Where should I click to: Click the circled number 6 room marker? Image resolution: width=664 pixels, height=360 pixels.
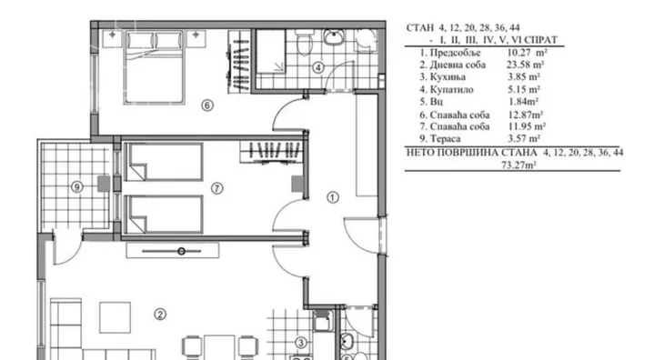pyautogui.click(x=207, y=105)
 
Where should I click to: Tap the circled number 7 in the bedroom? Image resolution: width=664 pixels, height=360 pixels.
pyautogui.click(x=216, y=188)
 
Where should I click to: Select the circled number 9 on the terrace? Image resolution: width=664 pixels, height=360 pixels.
pyautogui.click(x=76, y=186)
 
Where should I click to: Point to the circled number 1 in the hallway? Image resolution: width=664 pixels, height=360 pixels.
pyautogui.click(x=333, y=197)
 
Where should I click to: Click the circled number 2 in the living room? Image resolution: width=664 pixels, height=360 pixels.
pyautogui.click(x=160, y=315)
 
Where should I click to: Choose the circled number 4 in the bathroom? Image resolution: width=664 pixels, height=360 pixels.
pyautogui.click(x=318, y=67)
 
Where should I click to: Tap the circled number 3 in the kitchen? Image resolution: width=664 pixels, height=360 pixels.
pyautogui.click(x=301, y=343)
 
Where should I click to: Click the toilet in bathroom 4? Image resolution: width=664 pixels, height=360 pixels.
pyautogui.click(x=303, y=43)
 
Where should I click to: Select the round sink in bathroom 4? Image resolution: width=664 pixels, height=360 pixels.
pyautogui.click(x=335, y=36)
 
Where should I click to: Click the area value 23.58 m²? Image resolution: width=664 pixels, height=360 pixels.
pyautogui.click(x=525, y=65)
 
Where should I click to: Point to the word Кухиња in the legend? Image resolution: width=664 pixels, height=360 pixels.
pyautogui.click(x=448, y=77)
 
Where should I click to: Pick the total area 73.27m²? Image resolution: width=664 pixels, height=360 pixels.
pyautogui.click(x=518, y=165)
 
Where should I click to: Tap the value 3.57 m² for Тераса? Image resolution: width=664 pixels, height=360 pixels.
pyautogui.click(x=524, y=138)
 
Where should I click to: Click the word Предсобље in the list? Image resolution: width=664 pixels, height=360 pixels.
pyautogui.click(x=455, y=53)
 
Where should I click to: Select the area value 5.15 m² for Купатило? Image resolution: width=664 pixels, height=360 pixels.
pyautogui.click(x=524, y=90)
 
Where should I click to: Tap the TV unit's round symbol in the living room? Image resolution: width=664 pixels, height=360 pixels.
pyautogui.click(x=181, y=251)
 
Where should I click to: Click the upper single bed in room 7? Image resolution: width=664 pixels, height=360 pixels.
pyautogui.click(x=165, y=162)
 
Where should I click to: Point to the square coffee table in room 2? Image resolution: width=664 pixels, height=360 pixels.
pyautogui.click(x=115, y=317)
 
